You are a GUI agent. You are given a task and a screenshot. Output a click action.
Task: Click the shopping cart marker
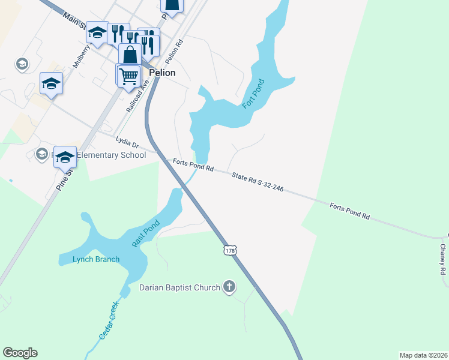pos(128,76)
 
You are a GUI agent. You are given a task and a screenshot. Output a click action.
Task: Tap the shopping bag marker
pos(130,55)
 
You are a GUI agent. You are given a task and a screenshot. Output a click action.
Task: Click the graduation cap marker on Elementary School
pos(65,158)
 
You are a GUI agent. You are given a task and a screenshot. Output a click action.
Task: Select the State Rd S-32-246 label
pos(258,182)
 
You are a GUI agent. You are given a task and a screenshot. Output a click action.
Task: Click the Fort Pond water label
pos(253,94)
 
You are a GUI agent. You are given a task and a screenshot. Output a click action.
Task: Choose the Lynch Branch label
pos(96,259)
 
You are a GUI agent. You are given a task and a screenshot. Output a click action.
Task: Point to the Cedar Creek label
pos(109,320)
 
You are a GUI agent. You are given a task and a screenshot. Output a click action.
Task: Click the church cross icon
pos(229,287)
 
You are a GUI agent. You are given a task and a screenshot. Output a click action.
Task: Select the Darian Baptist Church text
pos(179,287)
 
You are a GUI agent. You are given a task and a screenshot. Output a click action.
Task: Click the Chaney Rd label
pos(443,259)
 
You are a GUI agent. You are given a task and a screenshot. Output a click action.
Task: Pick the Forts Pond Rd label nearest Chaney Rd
pos(349,211)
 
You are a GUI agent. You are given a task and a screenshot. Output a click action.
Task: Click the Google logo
pos(20,353)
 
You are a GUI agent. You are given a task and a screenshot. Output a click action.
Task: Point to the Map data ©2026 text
pos(423,355)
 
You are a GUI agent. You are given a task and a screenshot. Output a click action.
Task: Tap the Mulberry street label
pos(81,55)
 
